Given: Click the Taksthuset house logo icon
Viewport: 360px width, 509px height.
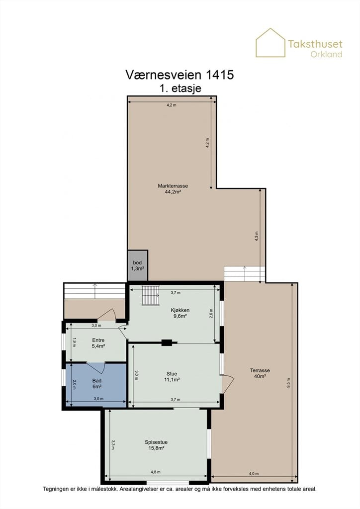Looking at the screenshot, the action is click(270, 43).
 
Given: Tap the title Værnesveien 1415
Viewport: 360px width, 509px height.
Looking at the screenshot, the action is click(180, 75).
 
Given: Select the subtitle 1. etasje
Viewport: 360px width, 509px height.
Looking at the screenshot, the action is click(180, 88).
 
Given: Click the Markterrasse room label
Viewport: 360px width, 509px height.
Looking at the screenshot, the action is click(173, 186).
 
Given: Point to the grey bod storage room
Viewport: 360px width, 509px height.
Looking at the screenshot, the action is click(138, 265).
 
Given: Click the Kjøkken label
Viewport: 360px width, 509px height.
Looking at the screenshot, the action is click(180, 310).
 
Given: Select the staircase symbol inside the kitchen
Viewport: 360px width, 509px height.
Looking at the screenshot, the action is click(151, 295).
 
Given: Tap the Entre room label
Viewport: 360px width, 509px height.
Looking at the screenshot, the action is click(98, 340).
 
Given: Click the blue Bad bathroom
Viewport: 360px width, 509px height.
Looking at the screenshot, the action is click(96, 385).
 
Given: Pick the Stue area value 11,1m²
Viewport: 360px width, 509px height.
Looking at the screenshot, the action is click(172, 379).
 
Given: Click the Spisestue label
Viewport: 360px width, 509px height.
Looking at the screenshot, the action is click(156, 442).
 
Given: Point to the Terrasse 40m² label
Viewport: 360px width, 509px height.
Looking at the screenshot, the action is click(260, 373).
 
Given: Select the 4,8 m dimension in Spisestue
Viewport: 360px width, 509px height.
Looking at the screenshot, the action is click(156, 472).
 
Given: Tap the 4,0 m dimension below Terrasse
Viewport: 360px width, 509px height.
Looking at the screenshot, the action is click(254, 474).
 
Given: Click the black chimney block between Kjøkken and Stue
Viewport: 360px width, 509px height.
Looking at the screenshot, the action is click(167, 342).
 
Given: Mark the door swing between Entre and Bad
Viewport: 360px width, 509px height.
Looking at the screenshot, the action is click(96, 367).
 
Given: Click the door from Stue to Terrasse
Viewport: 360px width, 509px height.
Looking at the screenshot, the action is click(228, 384).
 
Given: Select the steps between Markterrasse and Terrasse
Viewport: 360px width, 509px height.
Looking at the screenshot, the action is click(245, 274).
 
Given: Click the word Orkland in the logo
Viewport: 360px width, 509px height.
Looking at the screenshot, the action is click(326, 54).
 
